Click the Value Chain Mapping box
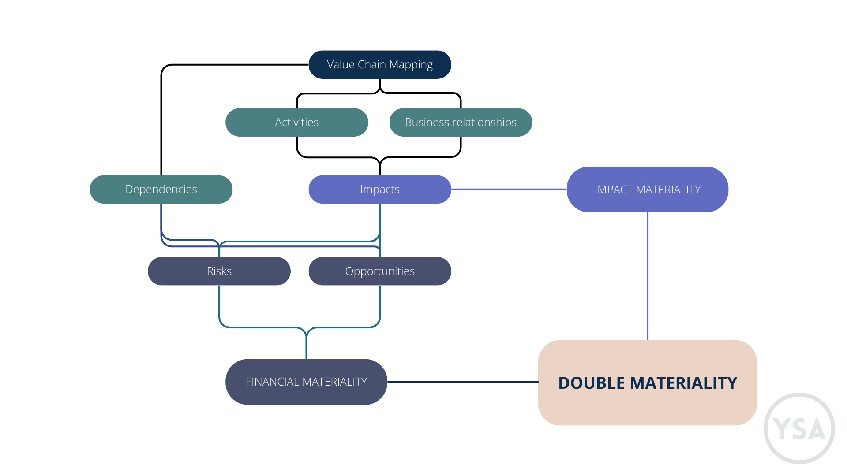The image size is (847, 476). [x=379, y=64]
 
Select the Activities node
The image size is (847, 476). [x=296, y=122]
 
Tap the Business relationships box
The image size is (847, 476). [x=460, y=122]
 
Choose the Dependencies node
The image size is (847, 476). [x=161, y=189]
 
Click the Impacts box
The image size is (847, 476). [x=379, y=189]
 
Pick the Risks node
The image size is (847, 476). [x=219, y=271]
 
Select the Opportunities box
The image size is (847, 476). [x=379, y=271]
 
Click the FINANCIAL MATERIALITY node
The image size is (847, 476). [x=306, y=382]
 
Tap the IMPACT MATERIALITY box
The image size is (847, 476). [x=647, y=190]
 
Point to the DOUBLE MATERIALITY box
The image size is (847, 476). [x=647, y=383]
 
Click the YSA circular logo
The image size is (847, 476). [x=799, y=428]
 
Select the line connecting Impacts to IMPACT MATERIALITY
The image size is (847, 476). [x=509, y=190]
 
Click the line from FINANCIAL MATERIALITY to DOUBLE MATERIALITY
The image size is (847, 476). [x=462, y=382]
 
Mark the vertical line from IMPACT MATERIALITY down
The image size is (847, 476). [x=648, y=276]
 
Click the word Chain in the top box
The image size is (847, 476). [x=371, y=64]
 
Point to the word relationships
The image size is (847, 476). [x=485, y=122]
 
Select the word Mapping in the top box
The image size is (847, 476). [x=411, y=65]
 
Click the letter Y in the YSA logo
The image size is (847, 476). [x=782, y=429]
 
